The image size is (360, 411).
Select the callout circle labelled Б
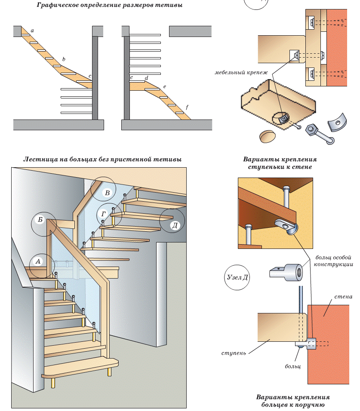tap(43, 224)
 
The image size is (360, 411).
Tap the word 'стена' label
tap(343, 297)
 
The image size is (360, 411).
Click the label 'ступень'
tap(234, 353)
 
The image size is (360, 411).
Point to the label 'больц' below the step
tap(292, 367)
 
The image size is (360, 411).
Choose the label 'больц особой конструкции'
tap(333, 261)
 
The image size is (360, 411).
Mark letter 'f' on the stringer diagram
tap(187, 106)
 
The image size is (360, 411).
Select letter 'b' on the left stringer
tap(64, 59)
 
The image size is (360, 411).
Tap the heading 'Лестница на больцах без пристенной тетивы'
tap(102, 159)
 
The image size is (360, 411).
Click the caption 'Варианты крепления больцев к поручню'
tap(292, 400)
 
